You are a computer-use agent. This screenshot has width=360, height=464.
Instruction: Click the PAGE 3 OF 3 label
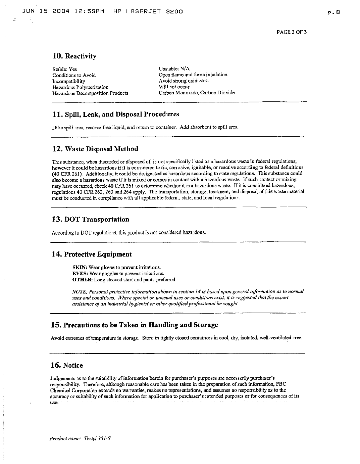[291, 32]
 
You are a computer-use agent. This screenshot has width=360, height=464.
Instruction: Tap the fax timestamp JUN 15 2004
[46, 11]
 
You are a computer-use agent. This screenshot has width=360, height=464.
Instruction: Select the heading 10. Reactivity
[74, 56]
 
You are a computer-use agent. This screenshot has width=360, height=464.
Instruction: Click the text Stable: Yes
[64, 69]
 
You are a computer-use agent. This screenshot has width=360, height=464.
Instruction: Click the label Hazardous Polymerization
[80, 87]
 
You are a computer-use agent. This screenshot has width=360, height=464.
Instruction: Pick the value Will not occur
[174, 87]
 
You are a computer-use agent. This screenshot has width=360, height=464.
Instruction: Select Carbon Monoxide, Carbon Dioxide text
[196, 93]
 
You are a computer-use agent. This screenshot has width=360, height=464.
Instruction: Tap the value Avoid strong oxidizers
[184, 81]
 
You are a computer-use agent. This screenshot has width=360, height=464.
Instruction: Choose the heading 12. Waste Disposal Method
[95, 149]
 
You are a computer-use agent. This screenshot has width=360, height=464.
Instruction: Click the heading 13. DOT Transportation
[90, 220]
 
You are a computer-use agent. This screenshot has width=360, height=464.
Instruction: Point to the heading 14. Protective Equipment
[92, 254]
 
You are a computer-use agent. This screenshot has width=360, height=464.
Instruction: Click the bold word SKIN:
[80, 268]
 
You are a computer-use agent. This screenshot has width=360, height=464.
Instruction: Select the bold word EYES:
[80, 274]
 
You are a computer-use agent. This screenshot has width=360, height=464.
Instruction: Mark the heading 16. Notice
[67, 365]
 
